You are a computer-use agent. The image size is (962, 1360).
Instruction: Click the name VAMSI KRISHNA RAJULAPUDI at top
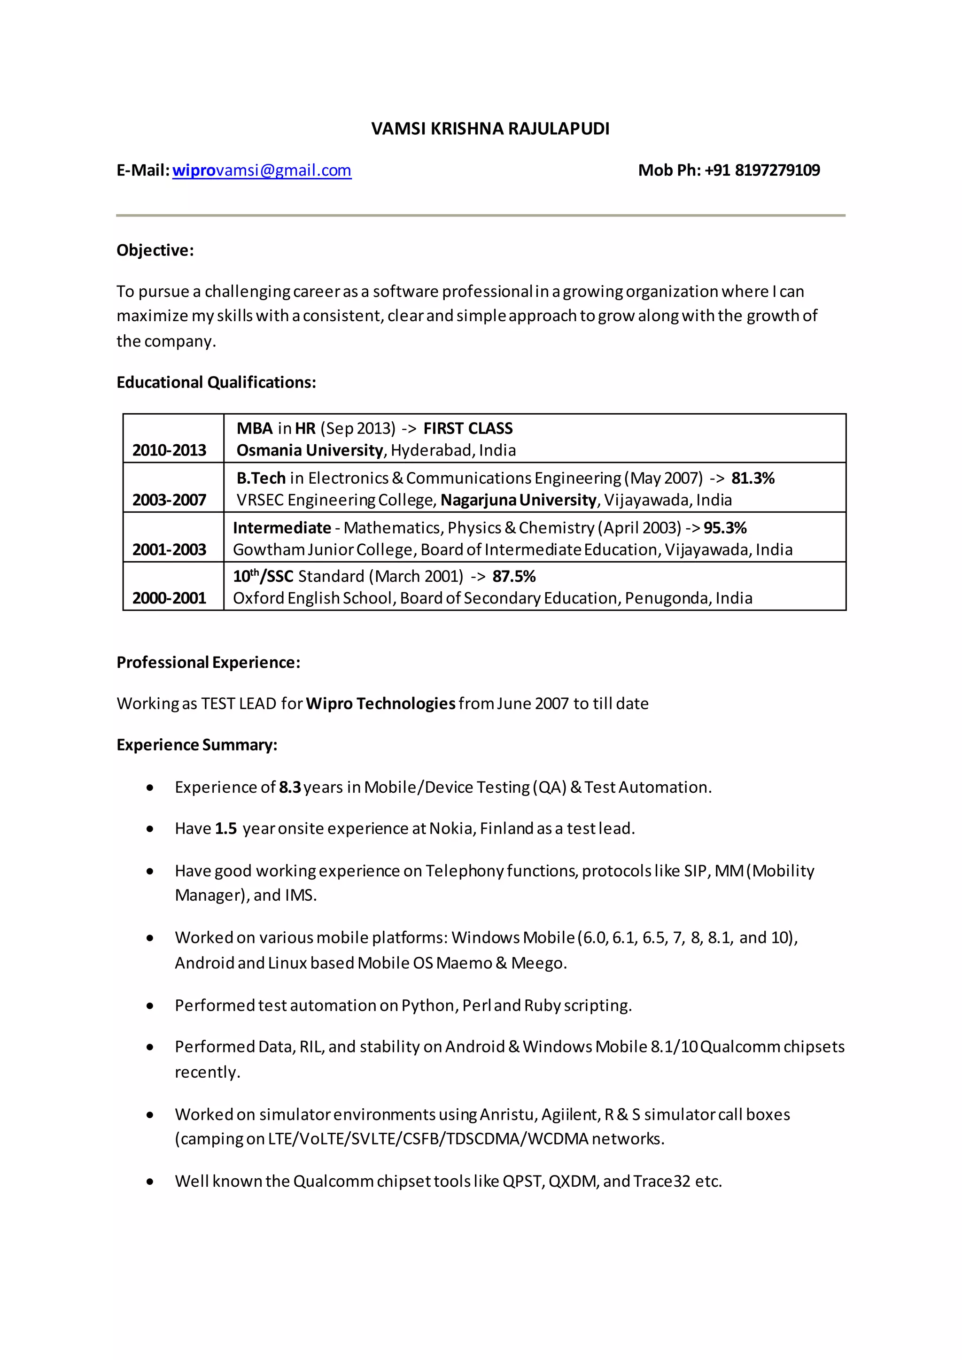coord(490,129)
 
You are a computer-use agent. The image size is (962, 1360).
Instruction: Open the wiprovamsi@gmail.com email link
coord(262,170)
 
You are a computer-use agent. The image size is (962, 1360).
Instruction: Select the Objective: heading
coord(155,251)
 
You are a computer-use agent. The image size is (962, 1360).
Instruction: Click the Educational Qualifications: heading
coord(216,383)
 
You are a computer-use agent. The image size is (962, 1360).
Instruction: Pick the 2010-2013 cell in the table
coord(170,450)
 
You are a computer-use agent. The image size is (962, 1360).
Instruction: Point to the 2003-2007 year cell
coord(170,500)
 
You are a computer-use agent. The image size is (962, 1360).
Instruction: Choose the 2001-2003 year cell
coord(170,550)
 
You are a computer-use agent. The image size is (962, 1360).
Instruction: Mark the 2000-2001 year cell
coord(170,598)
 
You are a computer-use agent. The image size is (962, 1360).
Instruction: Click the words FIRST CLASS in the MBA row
coord(468,428)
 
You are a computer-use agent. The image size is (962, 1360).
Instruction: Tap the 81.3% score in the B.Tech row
coord(753,478)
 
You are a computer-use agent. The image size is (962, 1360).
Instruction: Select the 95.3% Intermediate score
coord(725,528)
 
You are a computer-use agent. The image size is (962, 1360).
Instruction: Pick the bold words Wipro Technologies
coord(381,703)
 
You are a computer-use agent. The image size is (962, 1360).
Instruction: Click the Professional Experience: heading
coord(209,663)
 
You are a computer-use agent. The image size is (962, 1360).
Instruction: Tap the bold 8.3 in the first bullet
coord(290,787)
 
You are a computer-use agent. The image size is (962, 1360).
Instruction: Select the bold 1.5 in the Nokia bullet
coord(225,829)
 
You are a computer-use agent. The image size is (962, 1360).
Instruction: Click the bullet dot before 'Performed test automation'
coord(150,1006)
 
